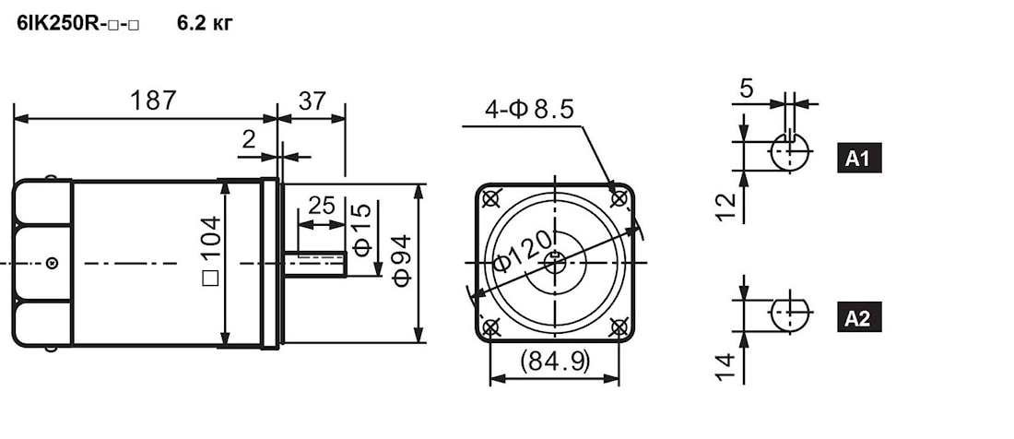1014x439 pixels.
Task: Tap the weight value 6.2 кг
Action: (x=205, y=24)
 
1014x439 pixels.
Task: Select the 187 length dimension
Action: (x=153, y=101)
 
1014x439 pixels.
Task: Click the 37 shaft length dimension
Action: (x=311, y=101)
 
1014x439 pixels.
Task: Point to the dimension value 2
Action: (x=250, y=139)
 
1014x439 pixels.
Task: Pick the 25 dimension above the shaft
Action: (x=322, y=206)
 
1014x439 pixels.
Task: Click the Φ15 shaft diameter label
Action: (x=362, y=230)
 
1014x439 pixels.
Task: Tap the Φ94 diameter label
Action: (x=401, y=261)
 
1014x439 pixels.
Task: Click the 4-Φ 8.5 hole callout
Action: (x=529, y=110)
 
